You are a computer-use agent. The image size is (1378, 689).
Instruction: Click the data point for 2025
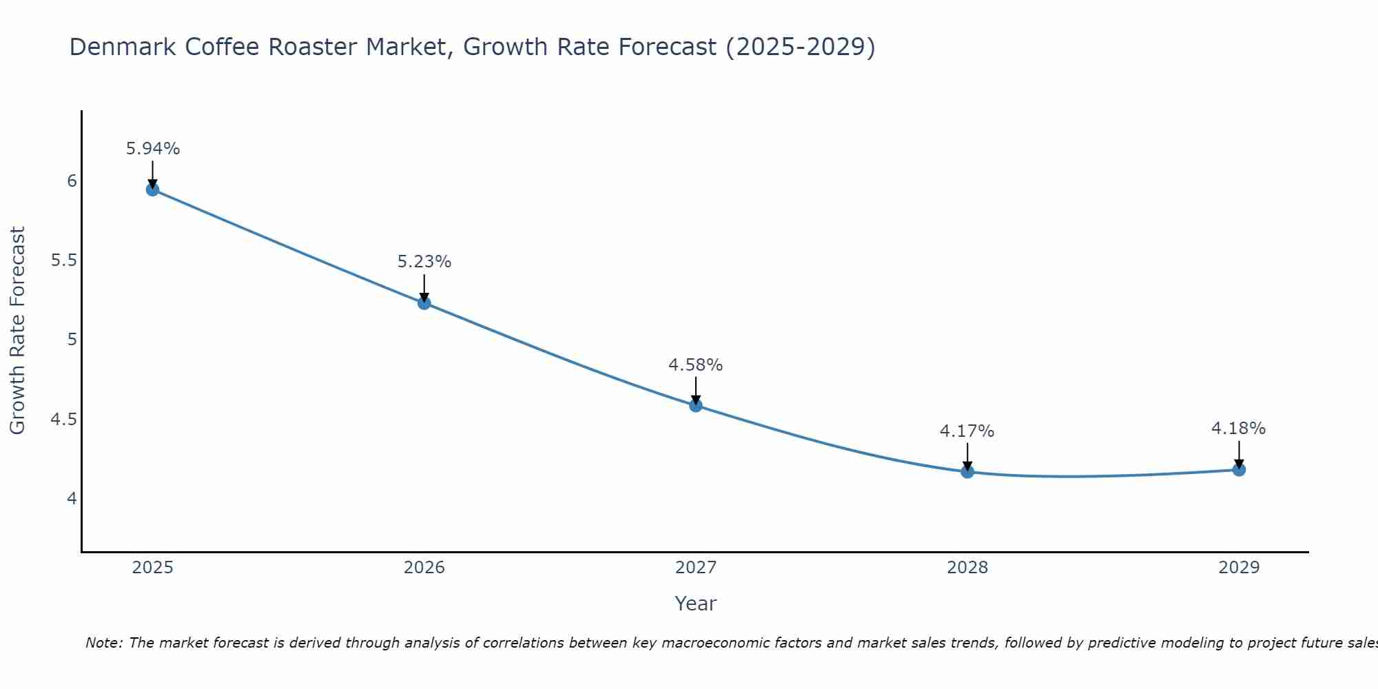[x=153, y=189]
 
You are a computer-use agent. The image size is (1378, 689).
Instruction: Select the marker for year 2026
[x=424, y=302]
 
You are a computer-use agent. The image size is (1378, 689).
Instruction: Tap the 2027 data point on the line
[x=696, y=405]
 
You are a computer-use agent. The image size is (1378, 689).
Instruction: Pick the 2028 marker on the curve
[x=967, y=471]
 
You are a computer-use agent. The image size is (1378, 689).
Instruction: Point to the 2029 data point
[x=1239, y=469]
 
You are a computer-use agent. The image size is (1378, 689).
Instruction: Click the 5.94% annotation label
[x=153, y=149]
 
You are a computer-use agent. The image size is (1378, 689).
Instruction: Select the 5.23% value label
[x=424, y=262]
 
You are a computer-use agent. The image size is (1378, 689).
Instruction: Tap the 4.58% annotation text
[x=696, y=365]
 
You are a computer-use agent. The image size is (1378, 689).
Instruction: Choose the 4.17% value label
[x=967, y=431]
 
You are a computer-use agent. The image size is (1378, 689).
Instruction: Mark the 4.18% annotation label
[x=1239, y=429]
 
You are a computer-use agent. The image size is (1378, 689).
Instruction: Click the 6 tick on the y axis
[x=72, y=181]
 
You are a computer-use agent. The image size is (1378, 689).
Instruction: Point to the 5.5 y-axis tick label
[x=64, y=260]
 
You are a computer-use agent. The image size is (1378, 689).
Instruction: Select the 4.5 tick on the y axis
[x=64, y=420]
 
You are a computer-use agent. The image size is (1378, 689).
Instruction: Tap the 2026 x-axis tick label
[x=424, y=568]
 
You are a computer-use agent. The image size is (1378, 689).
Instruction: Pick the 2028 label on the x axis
[x=967, y=568]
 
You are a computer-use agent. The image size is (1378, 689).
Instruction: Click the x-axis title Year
[x=696, y=604]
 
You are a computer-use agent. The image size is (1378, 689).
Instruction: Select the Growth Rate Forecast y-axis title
[x=17, y=331]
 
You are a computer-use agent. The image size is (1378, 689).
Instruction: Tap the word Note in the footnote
[x=103, y=643]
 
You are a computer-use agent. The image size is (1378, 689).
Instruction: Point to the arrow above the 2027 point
[x=696, y=390]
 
